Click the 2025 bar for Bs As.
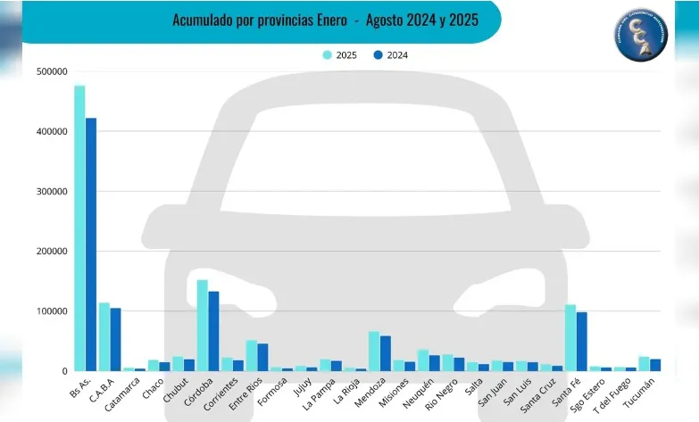tap(79, 228)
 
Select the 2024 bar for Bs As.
tap(91, 244)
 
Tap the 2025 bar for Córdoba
tap(203, 326)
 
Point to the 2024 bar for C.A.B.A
tap(116, 340)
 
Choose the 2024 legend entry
tap(391, 55)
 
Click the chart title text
tap(324, 19)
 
